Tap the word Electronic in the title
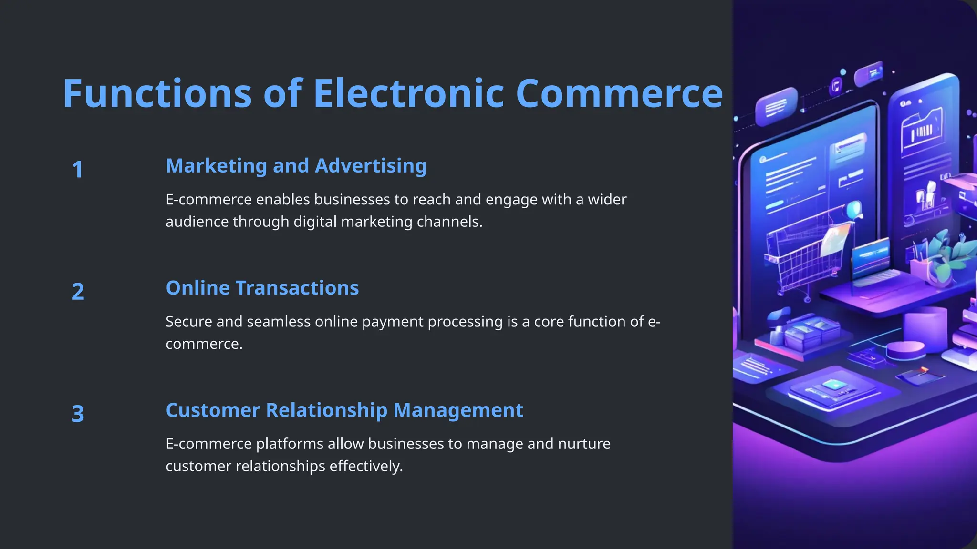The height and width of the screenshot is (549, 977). click(408, 93)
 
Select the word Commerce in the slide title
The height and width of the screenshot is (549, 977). click(619, 93)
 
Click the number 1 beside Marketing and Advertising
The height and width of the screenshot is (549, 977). click(77, 170)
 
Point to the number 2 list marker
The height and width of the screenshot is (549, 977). click(78, 292)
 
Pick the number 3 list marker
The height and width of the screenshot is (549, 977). click(78, 414)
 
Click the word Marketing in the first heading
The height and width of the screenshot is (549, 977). click(217, 166)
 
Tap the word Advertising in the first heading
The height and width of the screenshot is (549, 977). click(371, 166)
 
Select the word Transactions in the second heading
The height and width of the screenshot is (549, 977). click(297, 288)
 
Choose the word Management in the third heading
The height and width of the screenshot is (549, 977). click(458, 410)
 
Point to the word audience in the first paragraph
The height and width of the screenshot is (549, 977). click(197, 222)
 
